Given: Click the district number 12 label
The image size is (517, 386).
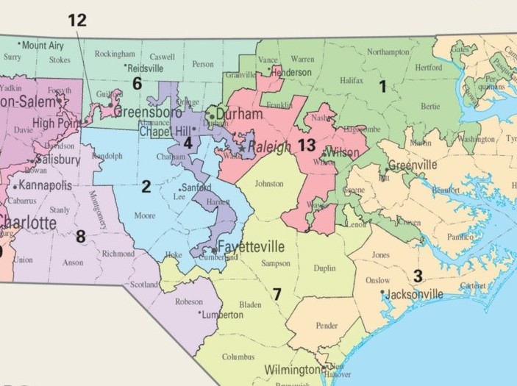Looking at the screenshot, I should (x=76, y=20).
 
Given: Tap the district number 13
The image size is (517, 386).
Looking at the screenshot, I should (x=307, y=146).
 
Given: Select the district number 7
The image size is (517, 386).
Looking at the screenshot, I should (x=277, y=294).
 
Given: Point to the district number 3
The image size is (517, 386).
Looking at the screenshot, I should (x=417, y=276).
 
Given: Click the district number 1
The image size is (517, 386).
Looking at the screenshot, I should (x=382, y=87).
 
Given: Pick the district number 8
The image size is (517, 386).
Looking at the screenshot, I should (x=80, y=236).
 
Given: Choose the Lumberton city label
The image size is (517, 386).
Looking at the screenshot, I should (x=223, y=315).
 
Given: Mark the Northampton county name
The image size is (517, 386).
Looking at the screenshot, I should (x=388, y=52).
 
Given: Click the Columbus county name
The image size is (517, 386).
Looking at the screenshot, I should (x=238, y=357).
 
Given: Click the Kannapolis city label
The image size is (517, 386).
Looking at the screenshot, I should (x=49, y=185).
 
